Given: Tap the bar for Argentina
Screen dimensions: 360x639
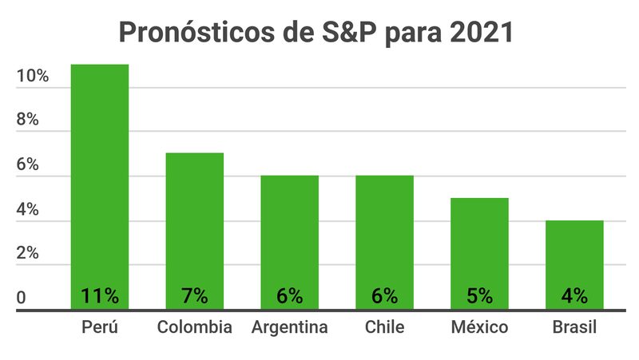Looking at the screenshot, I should pos(289,231).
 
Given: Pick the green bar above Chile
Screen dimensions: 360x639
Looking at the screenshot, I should pos(384,231).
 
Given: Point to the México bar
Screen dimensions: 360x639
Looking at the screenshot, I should pos(479,243).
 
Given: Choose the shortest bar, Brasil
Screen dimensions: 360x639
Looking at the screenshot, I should pos(574,255).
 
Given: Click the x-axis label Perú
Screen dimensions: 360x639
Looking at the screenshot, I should pos(100,327).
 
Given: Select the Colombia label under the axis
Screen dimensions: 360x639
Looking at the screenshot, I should pos(194,327).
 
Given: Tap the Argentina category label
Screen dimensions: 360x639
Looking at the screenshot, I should pos(289,327).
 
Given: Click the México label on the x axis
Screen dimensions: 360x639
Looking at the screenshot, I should pos(479,327).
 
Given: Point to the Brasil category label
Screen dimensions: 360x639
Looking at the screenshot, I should pos(574,327).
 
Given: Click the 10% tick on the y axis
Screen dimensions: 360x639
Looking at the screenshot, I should pos(33,77).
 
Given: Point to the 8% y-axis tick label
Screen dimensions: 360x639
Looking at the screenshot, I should pos(28,121).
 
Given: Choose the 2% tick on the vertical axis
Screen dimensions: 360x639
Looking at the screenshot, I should pos(28,254).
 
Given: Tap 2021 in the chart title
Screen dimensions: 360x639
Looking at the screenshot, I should pos(481,34).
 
